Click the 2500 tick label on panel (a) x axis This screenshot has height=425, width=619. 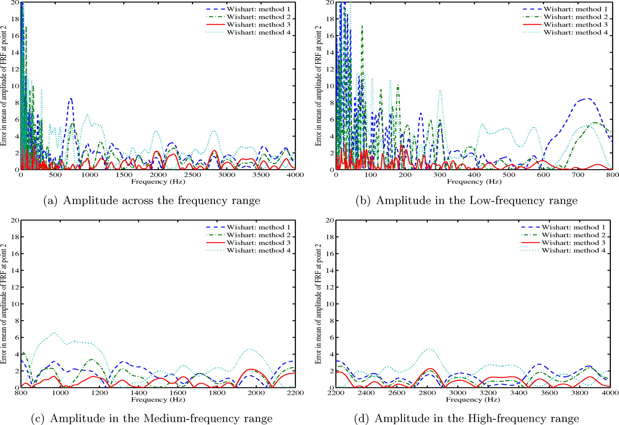[x=192, y=175]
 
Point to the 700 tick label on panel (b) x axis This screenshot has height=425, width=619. [x=578, y=175]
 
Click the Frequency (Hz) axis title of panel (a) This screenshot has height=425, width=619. [x=158, y=182]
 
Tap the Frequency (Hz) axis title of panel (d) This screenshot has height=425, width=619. [x=473, y=400]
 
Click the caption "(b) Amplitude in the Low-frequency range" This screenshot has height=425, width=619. [x=466, y=201]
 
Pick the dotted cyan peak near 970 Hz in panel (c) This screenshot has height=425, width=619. [x=54, y=333]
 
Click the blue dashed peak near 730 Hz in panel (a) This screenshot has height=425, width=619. [x=71, y=99]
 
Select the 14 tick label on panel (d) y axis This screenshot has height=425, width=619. [x=330, y=270]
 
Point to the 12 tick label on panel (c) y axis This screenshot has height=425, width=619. [x=15, y=287]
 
